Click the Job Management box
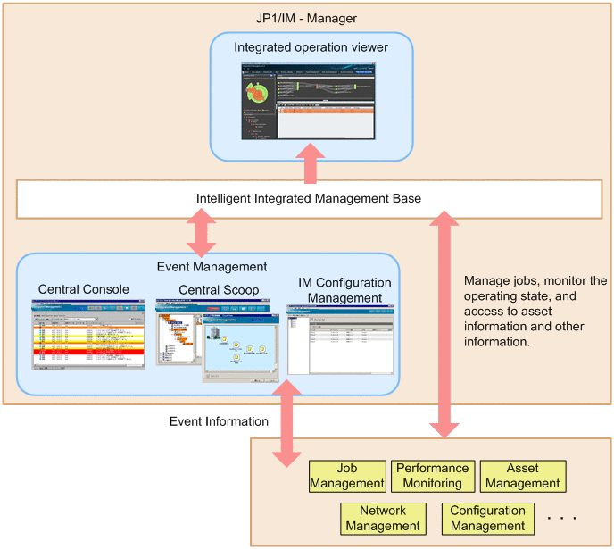347,476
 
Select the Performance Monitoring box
432,476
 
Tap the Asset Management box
522,476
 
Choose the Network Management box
382,519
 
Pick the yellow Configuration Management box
487,519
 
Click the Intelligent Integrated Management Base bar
309,198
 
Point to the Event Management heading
212,266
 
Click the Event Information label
219,421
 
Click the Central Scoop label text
219,289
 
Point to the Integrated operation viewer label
308,46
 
